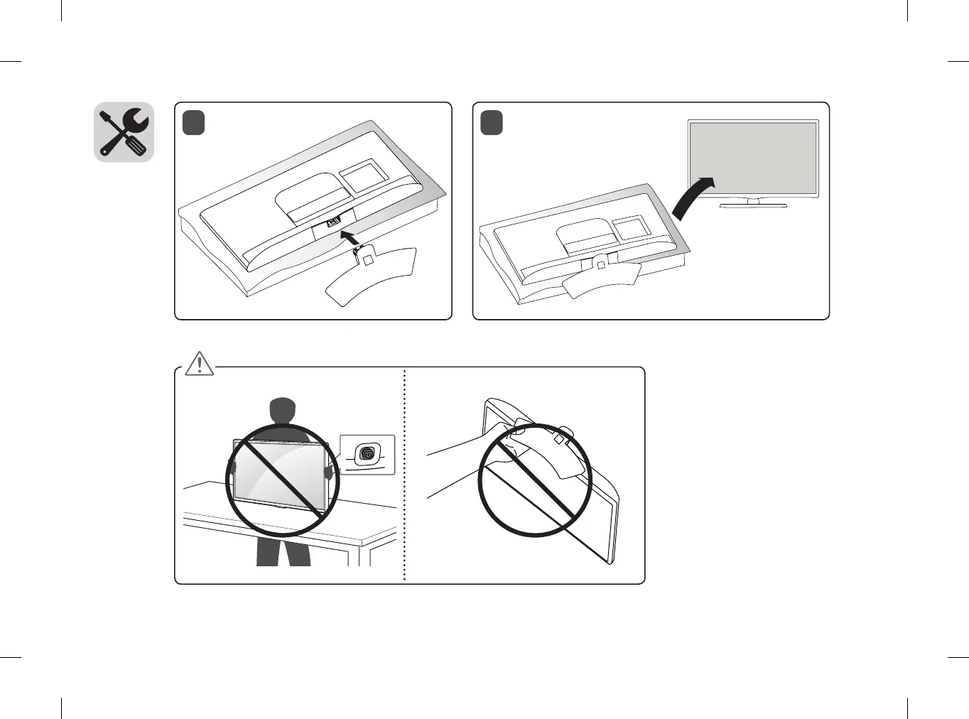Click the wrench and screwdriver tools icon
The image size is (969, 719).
124,132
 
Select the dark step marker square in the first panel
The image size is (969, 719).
193,122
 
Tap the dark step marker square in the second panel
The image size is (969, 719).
492,122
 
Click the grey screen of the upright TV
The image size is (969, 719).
753,158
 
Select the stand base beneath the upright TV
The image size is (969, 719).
753,205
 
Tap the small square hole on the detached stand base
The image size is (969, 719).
367,260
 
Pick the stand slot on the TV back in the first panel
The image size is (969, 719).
334,224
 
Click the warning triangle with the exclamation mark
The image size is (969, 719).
200,363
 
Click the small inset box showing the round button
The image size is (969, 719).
367,454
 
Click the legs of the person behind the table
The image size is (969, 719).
283,551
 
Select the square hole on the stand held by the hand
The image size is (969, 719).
559,440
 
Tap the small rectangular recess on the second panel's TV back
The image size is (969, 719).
629,228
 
